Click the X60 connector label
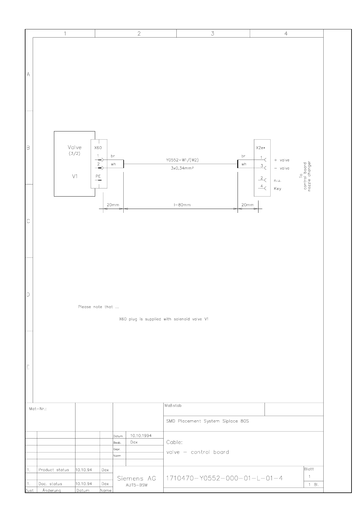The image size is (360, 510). [x=98, y=148]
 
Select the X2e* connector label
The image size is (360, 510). [x=260, y=148]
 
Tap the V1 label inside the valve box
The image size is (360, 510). [x=75, y=176]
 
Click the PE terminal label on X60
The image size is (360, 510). [x=98, y=176]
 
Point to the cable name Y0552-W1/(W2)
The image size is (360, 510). [x=182, y=160]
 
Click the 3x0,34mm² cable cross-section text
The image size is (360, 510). [x=182, y=168]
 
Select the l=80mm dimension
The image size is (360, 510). [x=182, y=205]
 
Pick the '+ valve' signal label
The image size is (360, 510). [x=282, y=160]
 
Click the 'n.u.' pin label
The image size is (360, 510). [x=278, y=180]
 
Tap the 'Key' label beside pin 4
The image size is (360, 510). [x=278, y=189]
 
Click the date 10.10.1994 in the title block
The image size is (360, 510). [x=141, y=435]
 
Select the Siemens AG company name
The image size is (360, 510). [x=136, y=479]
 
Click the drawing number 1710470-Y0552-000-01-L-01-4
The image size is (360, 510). [x=224, y=478]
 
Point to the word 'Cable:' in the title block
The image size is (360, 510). [x=174, y=442]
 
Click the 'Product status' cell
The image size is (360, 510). [x=54, y=470]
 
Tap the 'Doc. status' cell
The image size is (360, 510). [x=50, y=484]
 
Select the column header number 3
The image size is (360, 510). [x=213, y=34]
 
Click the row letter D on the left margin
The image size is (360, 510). [x=28, y=295]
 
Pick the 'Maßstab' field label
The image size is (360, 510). [x=173, y=406]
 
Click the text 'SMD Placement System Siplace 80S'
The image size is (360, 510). [x=208, y=421]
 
